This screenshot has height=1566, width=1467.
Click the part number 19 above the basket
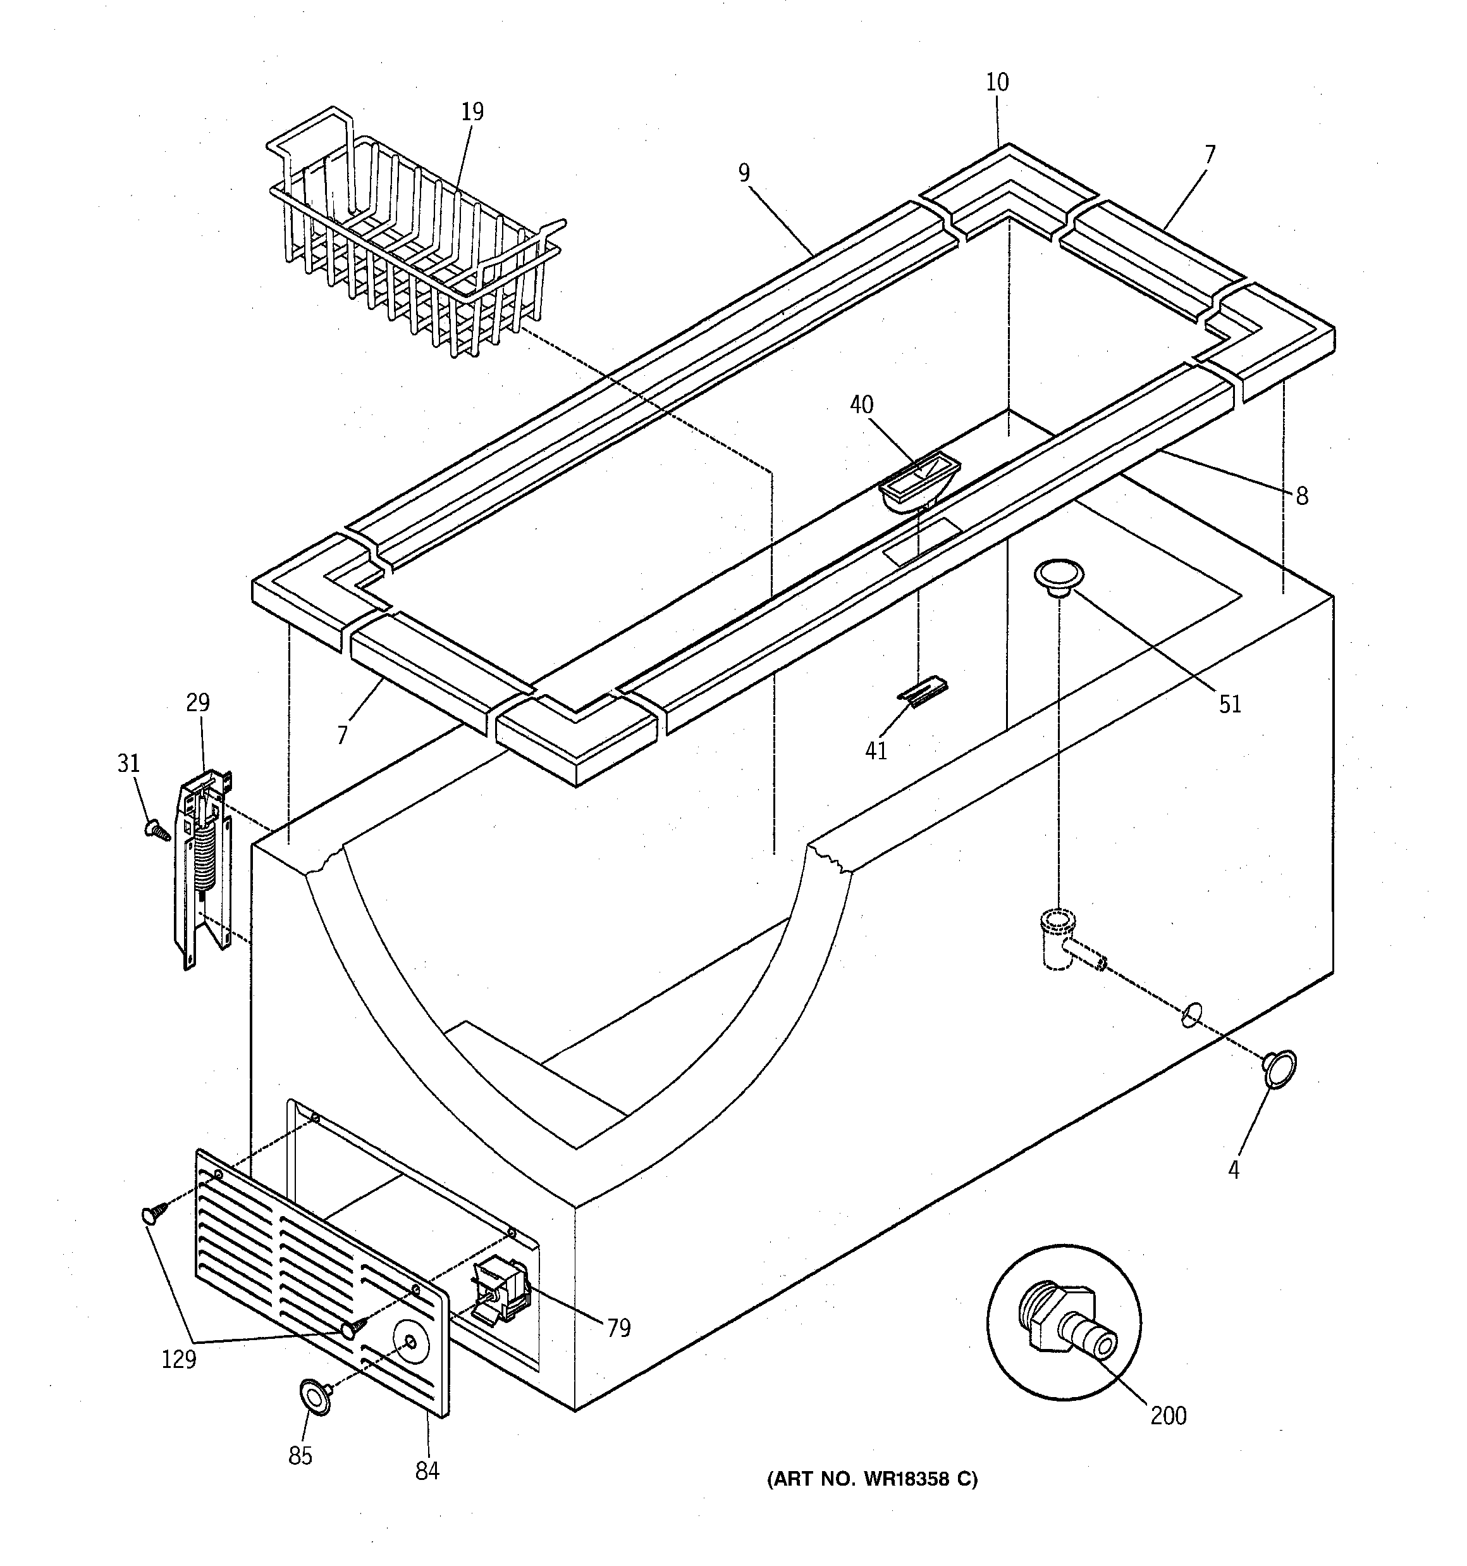[472, 112]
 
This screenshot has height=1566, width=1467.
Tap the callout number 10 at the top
[997, 82]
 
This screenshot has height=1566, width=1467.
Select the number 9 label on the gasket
[744, 173]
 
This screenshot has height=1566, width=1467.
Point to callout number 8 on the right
[1301, 495]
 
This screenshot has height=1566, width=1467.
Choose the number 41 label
[876, 750]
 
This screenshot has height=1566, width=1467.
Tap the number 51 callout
[1230, 704]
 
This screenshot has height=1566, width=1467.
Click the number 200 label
[1168, 1415]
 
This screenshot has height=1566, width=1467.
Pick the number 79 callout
[619, 1328]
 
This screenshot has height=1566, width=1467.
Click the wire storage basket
[414, 236]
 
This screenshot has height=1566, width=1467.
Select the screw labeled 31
[157, 829]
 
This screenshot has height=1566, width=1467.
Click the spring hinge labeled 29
[203, 866]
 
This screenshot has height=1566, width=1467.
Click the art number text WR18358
[872, 1479]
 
